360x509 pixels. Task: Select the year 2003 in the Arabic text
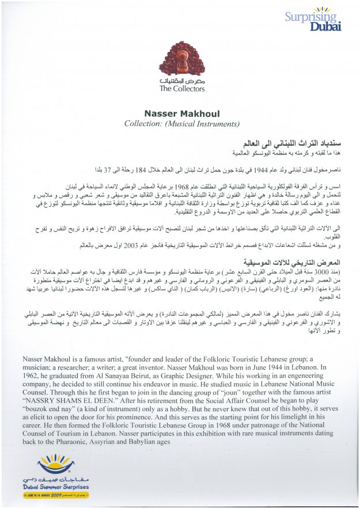tap(151, 246)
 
